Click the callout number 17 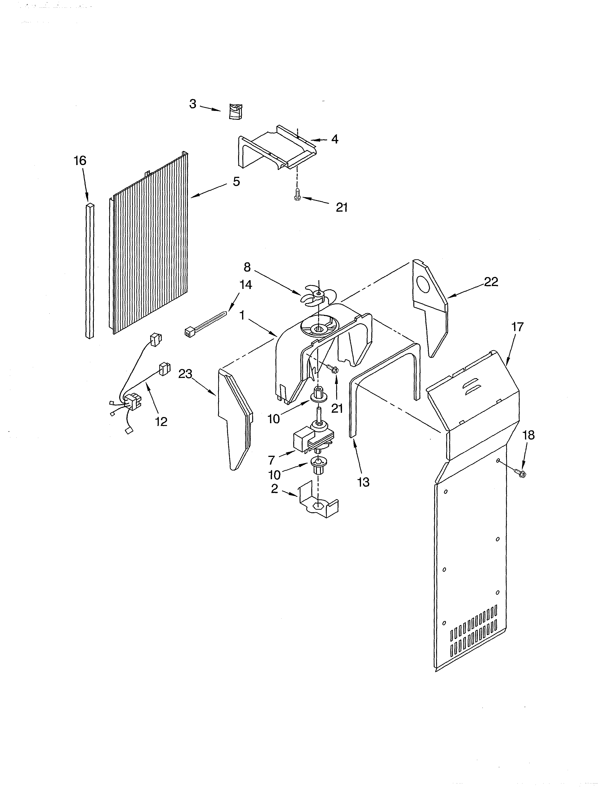tap(517, 327)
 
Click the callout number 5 tap(236, 182)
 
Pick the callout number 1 tap(242, 316)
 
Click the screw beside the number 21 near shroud tap(332, 368)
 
